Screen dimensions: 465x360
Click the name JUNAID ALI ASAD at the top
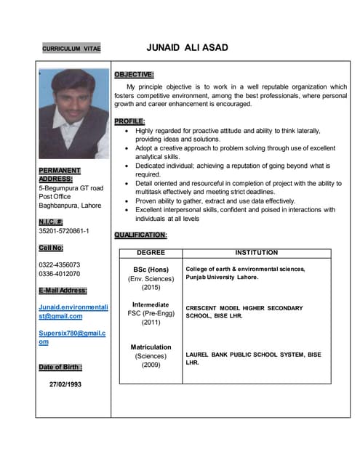(x=187, y=48)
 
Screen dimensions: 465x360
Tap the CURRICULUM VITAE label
(x=71, y=49)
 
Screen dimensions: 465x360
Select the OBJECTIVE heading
(x=134, y=74)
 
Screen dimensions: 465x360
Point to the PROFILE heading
(x=130, y=121)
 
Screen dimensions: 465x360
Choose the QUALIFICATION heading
(x=141, y=235)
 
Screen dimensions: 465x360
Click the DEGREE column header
(x=151, y=253)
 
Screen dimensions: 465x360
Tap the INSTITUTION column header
(x=257, y=253)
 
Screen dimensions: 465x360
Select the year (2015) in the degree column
(x=151, y=287)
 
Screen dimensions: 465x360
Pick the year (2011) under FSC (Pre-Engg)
(x=151, y=322)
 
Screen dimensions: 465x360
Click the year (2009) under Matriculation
(x=151, y=365)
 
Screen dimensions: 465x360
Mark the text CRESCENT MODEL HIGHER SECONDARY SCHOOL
(x=244, y=312)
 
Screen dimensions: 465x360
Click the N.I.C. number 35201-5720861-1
(x=64, y=231)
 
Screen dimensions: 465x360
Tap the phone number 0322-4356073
(x=59, y=264)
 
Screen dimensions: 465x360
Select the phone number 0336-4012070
(x=59, y=274)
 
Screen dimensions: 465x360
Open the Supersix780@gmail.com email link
(x=72, y=337)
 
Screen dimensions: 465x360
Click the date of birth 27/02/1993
(x=65, y=384)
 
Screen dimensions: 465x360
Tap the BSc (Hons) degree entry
(x=151, y=269)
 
